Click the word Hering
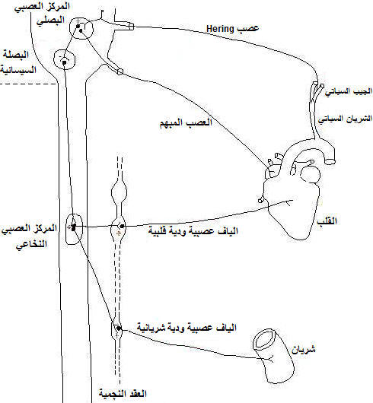coord(220,29)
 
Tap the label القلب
coord(327,221)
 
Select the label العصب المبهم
coord(186,122)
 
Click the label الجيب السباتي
coord(349,91)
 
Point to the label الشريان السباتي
coord(345,119)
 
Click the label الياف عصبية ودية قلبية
coord(193,231)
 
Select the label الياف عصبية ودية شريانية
coord(186,328)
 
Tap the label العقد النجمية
coord(123,393)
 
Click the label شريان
coord(304,349)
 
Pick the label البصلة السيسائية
coord(18,62)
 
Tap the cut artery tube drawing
coord(273,356)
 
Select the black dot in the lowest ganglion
coord(118,328)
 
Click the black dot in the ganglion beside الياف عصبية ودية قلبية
coord(123,226)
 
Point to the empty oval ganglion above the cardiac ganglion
coord(119,192)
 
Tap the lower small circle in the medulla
coord(64,49)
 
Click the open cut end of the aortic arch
coord(330,161)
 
